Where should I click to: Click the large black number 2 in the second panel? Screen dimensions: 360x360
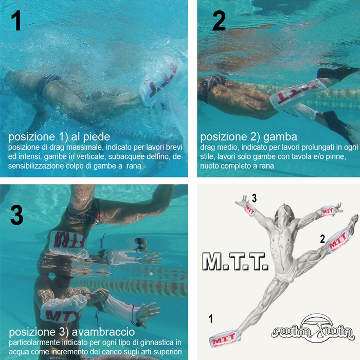click(x=219, y=21)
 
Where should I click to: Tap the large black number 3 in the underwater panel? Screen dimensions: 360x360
click(x=17, y=214)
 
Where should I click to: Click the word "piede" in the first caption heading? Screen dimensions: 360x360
click(x=97, y=137)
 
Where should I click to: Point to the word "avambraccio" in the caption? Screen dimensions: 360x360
click(x=103, y=332)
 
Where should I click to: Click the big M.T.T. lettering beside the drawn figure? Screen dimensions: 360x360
click(x=236, y=261)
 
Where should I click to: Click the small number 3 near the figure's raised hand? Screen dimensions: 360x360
click(x=254, y=199)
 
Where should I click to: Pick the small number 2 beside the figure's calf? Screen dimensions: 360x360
click(x=322, y=239)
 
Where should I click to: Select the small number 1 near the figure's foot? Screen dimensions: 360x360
click(x=211, y=319)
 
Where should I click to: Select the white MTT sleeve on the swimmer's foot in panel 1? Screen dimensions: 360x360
click(x=158, y=85)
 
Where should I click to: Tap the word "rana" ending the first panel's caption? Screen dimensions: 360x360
click(x=134, y=166)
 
